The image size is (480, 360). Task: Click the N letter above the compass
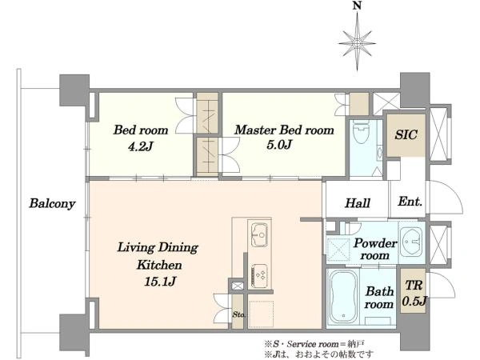point(357,6)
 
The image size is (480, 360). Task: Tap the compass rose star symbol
point(358,43)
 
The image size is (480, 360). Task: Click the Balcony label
point(52,204)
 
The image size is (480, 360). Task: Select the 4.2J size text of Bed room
point(140,146)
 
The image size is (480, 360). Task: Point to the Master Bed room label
point(284,130)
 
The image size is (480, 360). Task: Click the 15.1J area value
point(160,282)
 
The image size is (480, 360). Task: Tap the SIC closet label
point(406,134)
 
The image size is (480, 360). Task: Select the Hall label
point(358,203)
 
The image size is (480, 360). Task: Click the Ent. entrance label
point(410,202)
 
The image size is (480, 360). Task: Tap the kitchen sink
point(259,234)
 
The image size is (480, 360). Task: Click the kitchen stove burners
point(259,275)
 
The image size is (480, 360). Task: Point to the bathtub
point(342,297)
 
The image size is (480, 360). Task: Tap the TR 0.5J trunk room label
point(414,294)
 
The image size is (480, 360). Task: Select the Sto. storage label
point(238,314)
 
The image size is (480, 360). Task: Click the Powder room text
point(375,249)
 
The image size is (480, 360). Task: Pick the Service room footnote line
point(314,344)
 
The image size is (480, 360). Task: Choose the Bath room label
point(379,298)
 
